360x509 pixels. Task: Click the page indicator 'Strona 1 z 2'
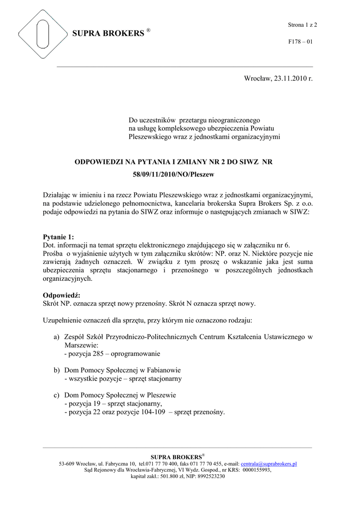(x=302, y=24)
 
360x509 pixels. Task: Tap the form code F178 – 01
(x=300, y=42)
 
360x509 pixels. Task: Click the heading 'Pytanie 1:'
(x=59, y=237)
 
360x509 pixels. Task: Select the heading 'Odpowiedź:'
(x=62, y=295)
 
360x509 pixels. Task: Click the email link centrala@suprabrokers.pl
(x=269, y=464)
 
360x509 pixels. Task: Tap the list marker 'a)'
(x=57, y=337)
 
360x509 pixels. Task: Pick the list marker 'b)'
(x=57, y=370)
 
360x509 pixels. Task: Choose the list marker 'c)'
(x=57, y=395)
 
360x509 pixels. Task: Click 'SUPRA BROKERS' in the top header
(x=108, y=34)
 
